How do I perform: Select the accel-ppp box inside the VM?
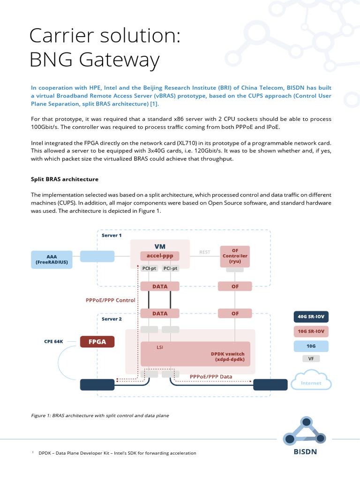click(160, 256)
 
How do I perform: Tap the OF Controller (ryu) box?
click(235, 256)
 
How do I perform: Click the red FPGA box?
click(97, 342)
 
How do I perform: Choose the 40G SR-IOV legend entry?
click(310, 316)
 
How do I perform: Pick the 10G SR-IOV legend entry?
click(310, 331)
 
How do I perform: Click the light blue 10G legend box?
click(310, 346)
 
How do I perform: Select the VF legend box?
click(310, 359)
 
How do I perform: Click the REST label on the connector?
click(205, 252)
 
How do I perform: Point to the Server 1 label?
click(112, 235)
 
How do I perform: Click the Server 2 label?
click(112, 319)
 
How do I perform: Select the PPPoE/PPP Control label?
click(111, 300)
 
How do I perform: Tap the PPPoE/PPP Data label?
click(211, 376)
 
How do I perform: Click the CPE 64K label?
click(53, 342)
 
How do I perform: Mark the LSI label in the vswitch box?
click(160, 348)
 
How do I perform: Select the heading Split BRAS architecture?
click(65, 179)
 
